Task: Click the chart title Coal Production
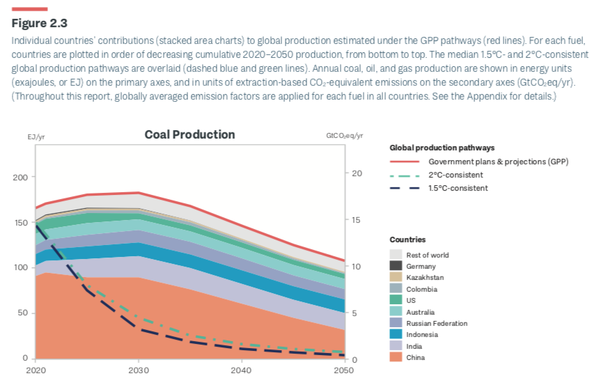(x=189, y=135)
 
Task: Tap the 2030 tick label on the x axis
(x=138, y=370)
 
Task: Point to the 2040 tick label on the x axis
(x=241, y=370)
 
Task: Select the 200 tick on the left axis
(x=20, y=178)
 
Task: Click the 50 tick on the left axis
(x=22, y=313)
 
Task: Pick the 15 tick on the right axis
(x=357, y=220)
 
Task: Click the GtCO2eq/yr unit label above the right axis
(x=345, y=135)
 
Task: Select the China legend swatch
(x=396, y=357)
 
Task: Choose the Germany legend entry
(x=421, y=266)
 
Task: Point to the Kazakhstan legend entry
(x=424, y=277)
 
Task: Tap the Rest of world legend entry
(x=428, y=255)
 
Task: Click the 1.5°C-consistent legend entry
(x=458, y=188)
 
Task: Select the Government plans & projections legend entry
(x=498, y=162)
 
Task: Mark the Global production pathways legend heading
(x=442, y=148)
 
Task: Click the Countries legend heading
(x=407, y=239)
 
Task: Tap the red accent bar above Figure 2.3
(x=29, y=9)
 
